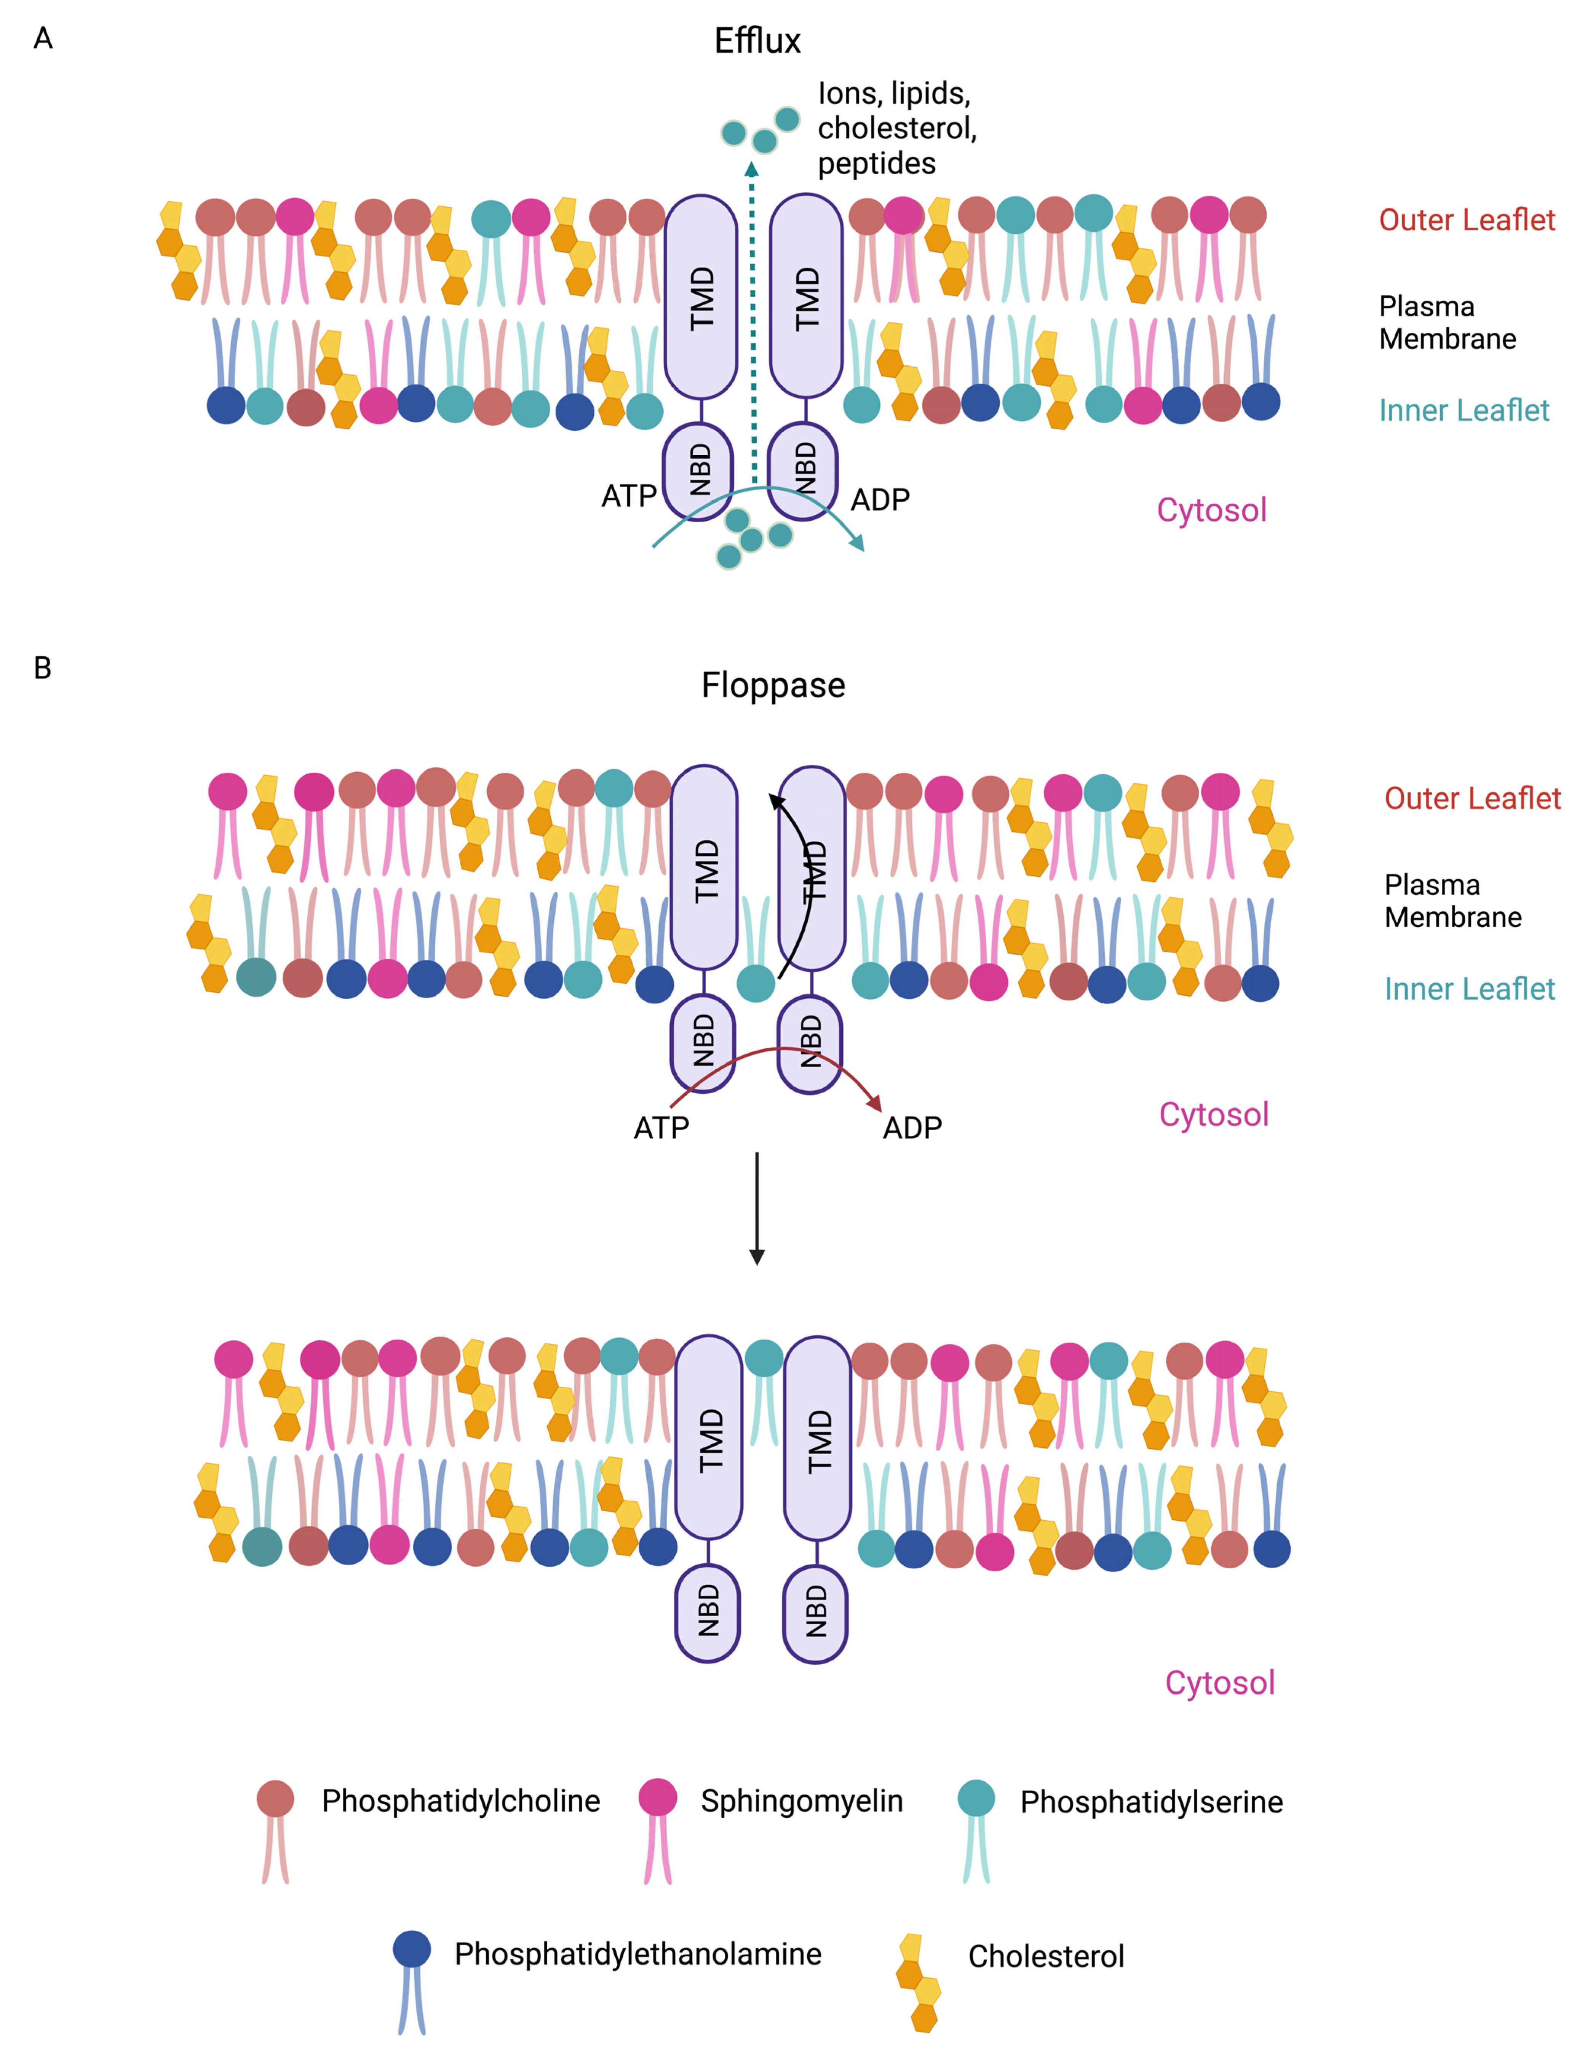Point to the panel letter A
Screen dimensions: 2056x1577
(43, 38)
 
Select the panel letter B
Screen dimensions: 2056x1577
(42, 668)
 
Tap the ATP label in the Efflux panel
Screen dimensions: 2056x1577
(628, 496)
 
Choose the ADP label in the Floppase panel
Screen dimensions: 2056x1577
(911, 1127)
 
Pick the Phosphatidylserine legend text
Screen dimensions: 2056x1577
(1151, 1802)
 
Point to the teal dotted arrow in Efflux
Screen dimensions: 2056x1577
(752, 319)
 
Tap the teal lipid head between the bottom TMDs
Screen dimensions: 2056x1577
(764, 1358)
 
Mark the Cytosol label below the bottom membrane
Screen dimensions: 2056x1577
(1219, 1683)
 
